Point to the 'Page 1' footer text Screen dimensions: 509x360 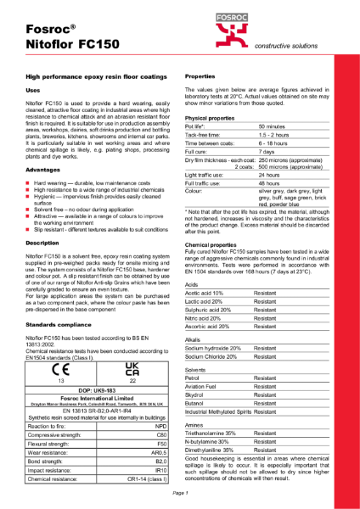[179, 493]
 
